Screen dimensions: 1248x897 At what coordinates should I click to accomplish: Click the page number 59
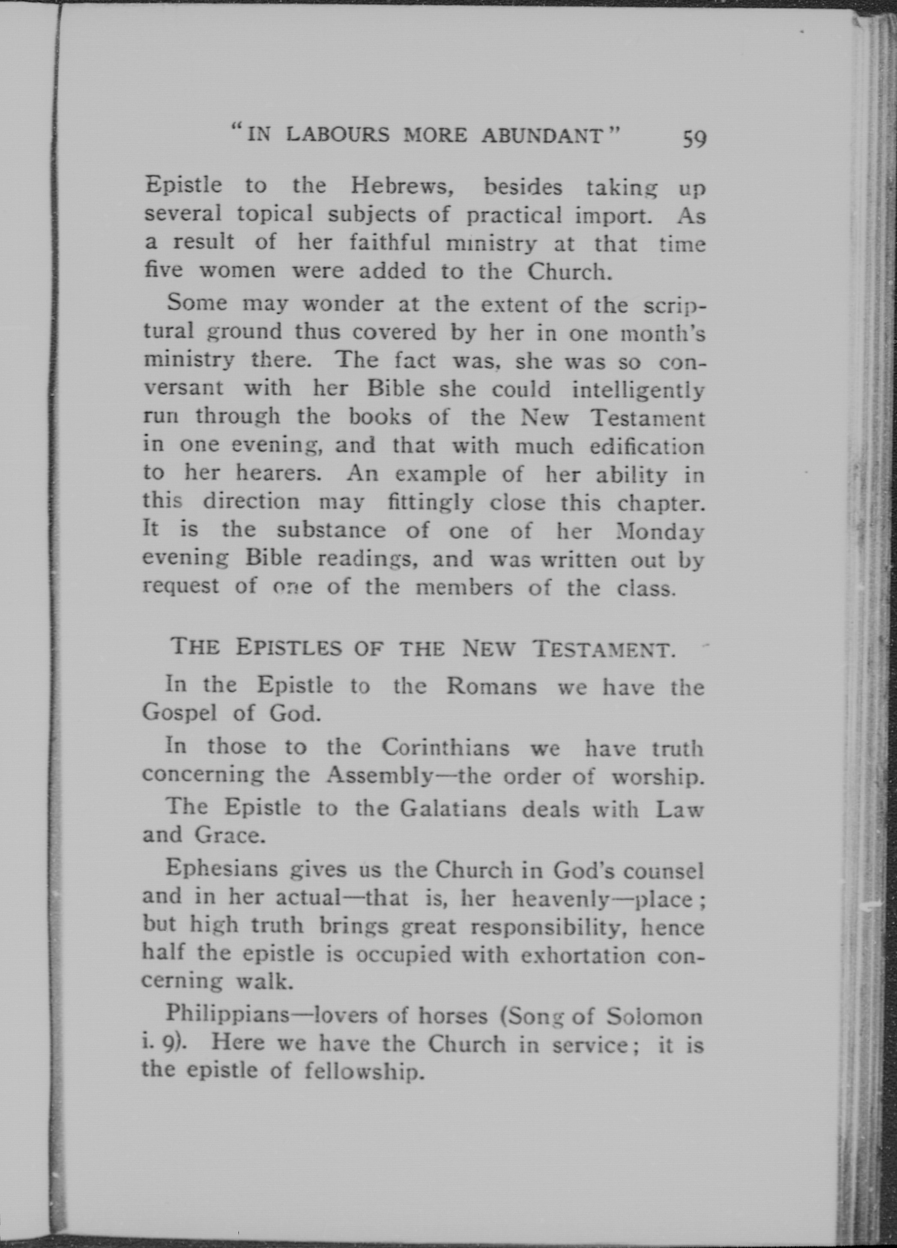tap(694, 139)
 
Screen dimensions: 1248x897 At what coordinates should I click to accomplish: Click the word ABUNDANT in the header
tap(542, 135)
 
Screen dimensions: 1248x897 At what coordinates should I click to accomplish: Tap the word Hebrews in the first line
tap(401, 186)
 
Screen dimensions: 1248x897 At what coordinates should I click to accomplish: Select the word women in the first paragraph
tap(237, 271)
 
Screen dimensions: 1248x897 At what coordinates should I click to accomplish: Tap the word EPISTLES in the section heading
tap(289, 648)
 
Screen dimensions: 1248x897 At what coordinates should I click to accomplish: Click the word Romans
tap(491, 686)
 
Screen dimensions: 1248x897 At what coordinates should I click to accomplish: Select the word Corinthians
tap(446, 747)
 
